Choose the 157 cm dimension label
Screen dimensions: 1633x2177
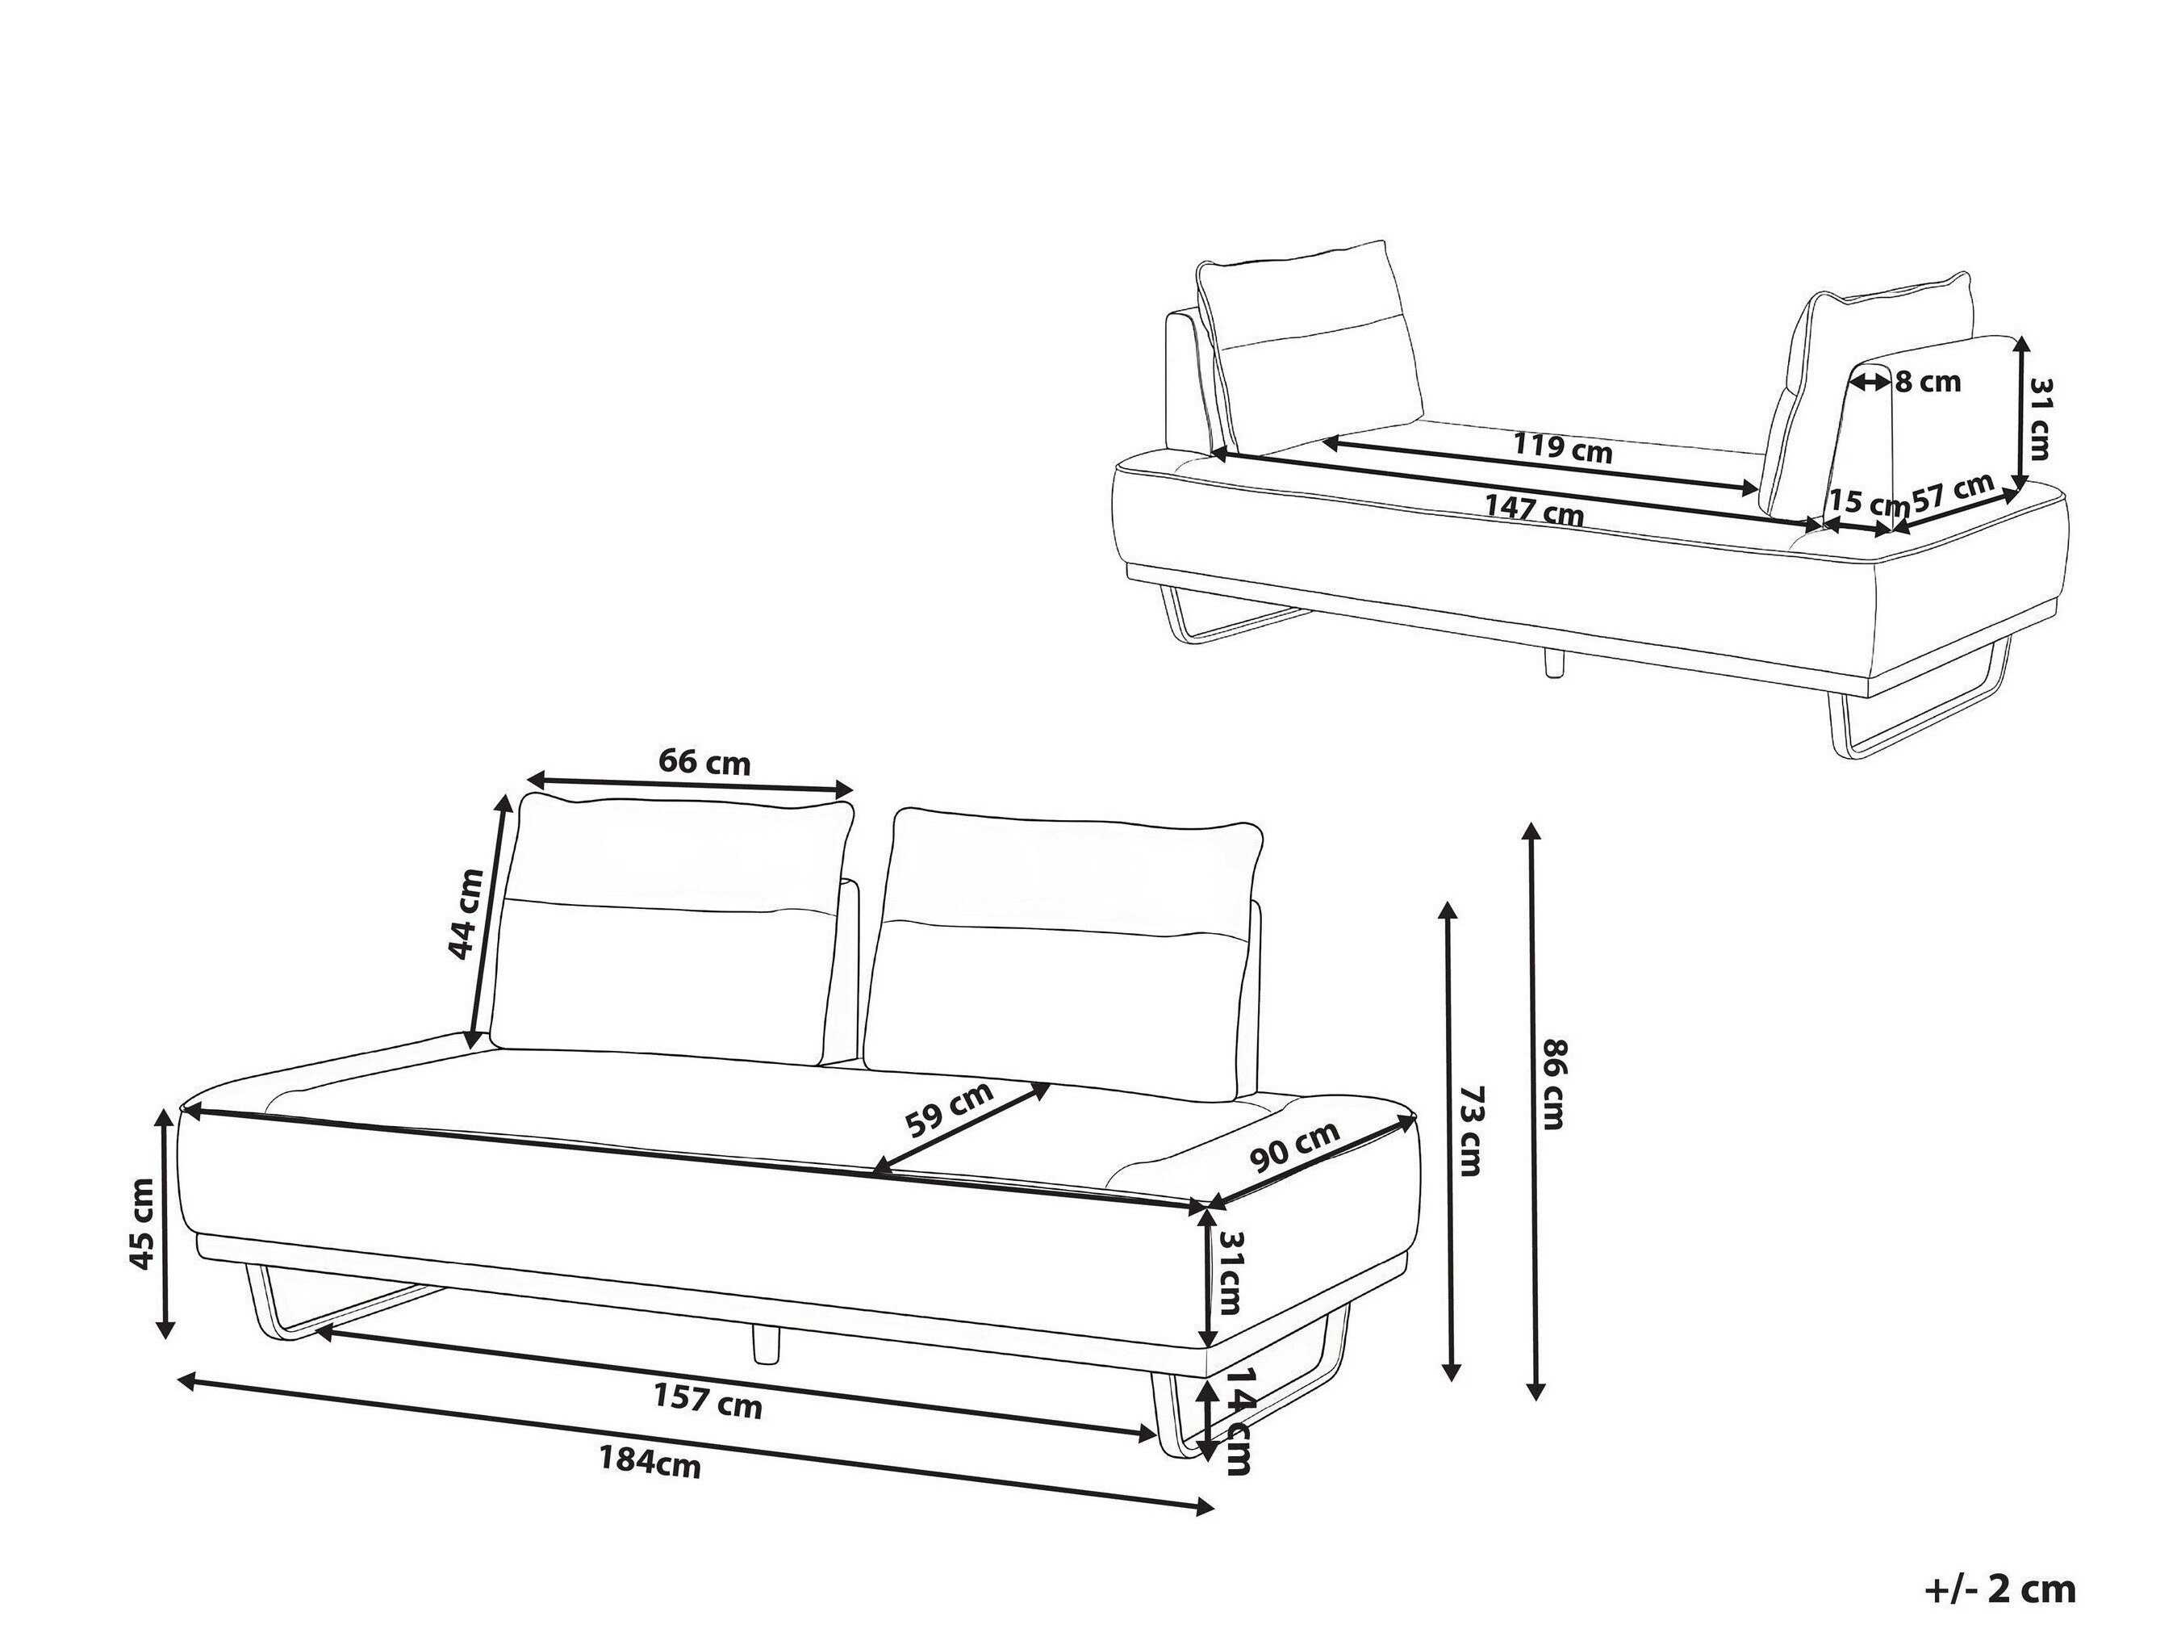[708, 1400]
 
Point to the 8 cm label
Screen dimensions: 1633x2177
[1927, 382]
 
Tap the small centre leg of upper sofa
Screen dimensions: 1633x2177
[1554, 664]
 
